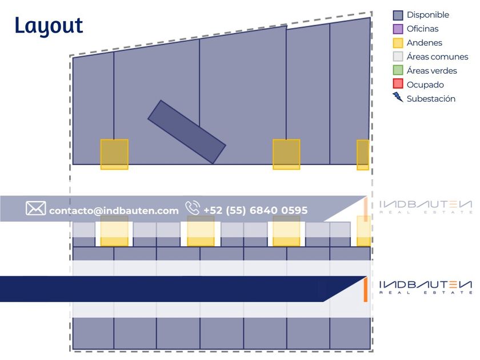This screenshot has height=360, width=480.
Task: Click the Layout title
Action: [x=49, y=26]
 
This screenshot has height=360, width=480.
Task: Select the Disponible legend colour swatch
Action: [x=398, y=15]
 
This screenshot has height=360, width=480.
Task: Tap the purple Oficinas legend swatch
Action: [x=398, y=29]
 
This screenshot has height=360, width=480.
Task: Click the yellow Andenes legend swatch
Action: [x=398, y=43]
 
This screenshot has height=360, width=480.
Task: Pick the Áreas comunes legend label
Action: [x=437, y=57]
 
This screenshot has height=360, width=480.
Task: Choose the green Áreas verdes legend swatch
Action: [x=398, y=70]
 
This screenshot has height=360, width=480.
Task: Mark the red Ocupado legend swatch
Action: [x=398, y=84]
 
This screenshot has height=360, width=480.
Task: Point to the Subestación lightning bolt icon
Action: [x=398, y=98]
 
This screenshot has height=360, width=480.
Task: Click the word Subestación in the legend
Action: [x=431, y=99]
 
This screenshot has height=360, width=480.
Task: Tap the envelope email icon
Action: [x=35, y=209]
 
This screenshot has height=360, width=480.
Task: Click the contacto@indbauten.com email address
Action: [x=114, y=211]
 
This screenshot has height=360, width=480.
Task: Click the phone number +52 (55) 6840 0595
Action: [x=255, y=210]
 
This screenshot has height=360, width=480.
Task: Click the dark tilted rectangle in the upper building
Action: [x=186, y=132]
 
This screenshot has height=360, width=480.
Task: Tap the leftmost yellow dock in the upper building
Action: [x=114, y=154]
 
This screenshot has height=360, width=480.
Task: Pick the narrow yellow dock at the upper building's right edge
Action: [x=363, y=155]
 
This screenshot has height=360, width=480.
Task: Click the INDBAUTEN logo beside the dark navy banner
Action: [x=426, y=287]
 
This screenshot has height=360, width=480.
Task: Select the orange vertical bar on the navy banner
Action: [x=365, y=289]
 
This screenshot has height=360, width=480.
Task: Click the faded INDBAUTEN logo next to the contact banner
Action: [x=426, y=207]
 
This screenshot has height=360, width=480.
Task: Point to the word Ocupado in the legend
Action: [x=425, y=85]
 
